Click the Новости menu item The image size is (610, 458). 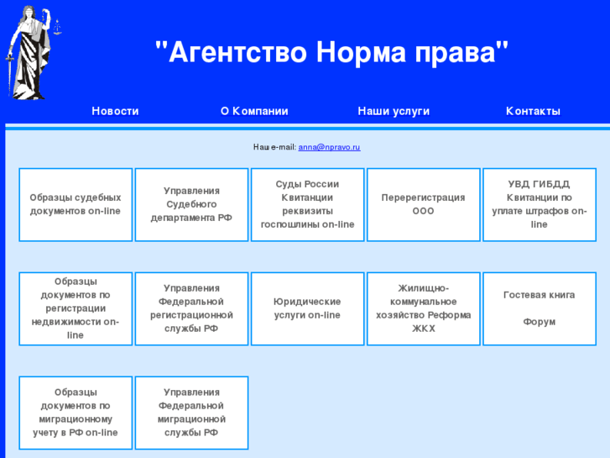(x=115, y=111)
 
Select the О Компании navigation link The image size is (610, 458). (x=254, y=111)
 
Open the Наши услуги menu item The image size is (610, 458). (x=394, y=111)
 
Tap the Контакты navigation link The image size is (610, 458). (x=533, y=111)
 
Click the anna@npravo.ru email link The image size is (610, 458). (x=329, y=147)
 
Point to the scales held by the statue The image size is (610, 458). (x=57, y=25)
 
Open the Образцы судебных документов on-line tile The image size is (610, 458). (x=76, y=204)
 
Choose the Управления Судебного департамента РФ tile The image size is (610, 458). (x=191, y=204)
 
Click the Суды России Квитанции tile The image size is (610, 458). (x=307, y=204)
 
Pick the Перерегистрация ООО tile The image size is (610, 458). (x=423, y=204)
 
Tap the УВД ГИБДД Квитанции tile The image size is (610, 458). (x=539, y=204)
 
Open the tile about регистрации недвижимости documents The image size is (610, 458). (x=76, y=308)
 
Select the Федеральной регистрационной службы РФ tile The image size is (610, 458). (x=191, y=308)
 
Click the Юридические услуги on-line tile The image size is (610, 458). (x=307, y=308)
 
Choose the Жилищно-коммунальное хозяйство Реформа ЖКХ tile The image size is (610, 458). (x=423, y=308)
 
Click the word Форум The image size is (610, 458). (x=539, y=322)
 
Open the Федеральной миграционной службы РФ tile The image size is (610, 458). (x=191, y=413)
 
